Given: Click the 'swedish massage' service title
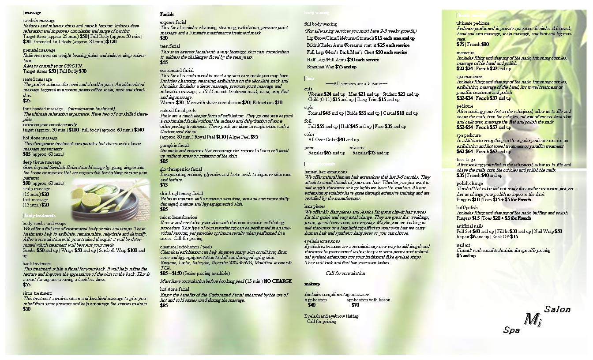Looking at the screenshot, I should tap(39, 21).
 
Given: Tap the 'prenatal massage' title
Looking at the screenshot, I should tap(39, 50).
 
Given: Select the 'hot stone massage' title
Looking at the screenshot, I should tap(40, 138).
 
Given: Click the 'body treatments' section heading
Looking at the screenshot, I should tap(40, 216).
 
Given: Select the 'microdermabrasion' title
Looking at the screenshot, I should tap(179, 217).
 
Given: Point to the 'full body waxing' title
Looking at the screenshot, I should tap(321, 24).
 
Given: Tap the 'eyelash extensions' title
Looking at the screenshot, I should tap(322, 241).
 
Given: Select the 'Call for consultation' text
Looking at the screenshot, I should tap(345, 274).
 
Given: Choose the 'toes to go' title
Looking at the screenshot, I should tap(465, 160).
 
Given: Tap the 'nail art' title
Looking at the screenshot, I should tap(463, 245).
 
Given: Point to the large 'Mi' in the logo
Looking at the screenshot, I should tap(532, 319).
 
